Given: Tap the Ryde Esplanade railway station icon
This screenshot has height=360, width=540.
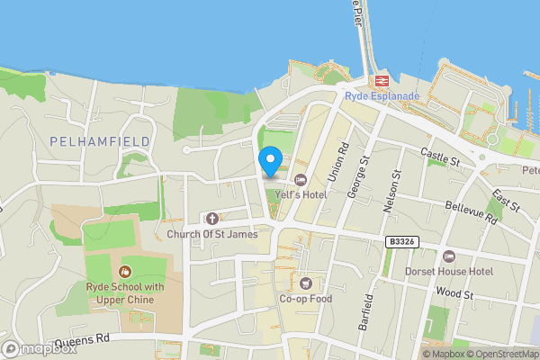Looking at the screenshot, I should pyautogui.click(x=382, y=80).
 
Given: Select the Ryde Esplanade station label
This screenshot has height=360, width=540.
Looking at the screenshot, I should pyautogui.click(x=382, y=95).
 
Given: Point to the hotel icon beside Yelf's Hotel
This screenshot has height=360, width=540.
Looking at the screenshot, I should pyautogui.click(x=301, y=178).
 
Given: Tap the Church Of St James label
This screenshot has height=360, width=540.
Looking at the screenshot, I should pyautogui.click(x=212, y=234).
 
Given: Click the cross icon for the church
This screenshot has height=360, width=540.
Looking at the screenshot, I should pyautogui.click(x=212, y=219).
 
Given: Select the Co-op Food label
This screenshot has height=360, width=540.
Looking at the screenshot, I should pyautogui.click(x=306, y=299).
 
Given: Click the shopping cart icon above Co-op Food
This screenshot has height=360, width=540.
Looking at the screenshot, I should pyautogui.click(x=306, y=283).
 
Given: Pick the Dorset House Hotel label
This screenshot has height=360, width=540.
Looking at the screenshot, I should pyautogui.click(x=450, y=271).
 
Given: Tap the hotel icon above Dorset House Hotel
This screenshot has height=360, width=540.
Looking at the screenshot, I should pyautogui.click(x=450, y=256).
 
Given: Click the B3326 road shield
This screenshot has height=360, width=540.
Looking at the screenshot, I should pyautogui.click(x=402, y=242).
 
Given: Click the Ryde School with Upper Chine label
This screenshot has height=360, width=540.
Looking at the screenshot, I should pyautogui.click(x=125, y=293).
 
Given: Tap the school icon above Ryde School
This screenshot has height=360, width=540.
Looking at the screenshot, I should pyautogui.click(x=125, y=271).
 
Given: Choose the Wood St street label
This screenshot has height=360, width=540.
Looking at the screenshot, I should pyautogui.click(x=454, y=294).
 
